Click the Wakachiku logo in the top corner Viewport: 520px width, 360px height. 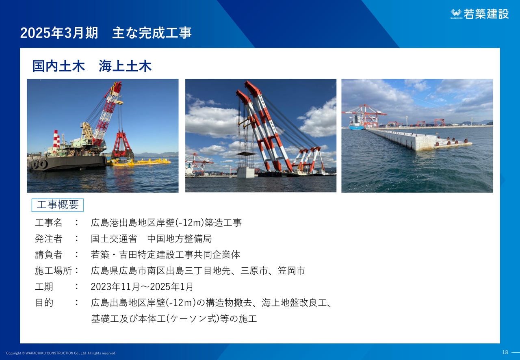coord(480,14)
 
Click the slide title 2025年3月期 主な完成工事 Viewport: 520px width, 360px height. coord(106,33)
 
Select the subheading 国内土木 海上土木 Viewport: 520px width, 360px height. coord(92,66)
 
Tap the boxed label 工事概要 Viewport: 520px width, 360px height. coord(58,205)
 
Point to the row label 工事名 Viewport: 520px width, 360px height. coord(48,223)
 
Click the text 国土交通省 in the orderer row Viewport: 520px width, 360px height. coord(114,239)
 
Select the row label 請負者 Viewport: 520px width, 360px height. coord(48,255)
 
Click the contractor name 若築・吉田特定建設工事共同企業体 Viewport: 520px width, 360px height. coord(165,255)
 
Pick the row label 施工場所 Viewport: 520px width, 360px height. coord(53,271)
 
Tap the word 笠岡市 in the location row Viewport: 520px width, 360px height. coord(291,271)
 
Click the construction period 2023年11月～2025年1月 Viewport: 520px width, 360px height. coord(142,287)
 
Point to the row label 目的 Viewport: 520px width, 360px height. coord(44,303)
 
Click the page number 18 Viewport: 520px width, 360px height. coord(505,352)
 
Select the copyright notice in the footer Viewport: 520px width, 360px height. coord(61,353)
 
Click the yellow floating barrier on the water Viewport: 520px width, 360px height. coord(140,163)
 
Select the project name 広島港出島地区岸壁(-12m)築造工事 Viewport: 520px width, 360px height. coord(166,223)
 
